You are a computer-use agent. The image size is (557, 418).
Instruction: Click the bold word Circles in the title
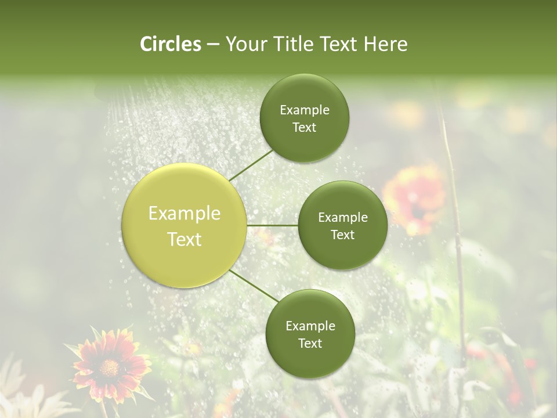coord(170,44)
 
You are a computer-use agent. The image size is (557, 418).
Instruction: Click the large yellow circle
coord(185,226)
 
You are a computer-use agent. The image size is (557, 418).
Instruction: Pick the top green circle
coord(305,118)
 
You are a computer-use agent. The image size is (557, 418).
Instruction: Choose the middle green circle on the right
coord(343,225)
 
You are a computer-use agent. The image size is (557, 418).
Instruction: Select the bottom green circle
coord(310,334)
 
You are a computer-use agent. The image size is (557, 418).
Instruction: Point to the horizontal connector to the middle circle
coord(273,225)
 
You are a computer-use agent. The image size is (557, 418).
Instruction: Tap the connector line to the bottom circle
coord(254,286)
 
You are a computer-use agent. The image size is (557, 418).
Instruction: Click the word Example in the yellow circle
coord(185,214)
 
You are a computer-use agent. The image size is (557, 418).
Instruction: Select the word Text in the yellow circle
coord(185,239)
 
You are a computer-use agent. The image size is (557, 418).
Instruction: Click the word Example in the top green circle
coord(305,110)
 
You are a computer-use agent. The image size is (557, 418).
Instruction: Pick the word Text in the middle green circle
coord(343,235)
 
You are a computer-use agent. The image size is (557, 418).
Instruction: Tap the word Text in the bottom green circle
coord(310,343)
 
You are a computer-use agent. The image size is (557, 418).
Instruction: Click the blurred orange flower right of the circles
coord(415,197)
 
